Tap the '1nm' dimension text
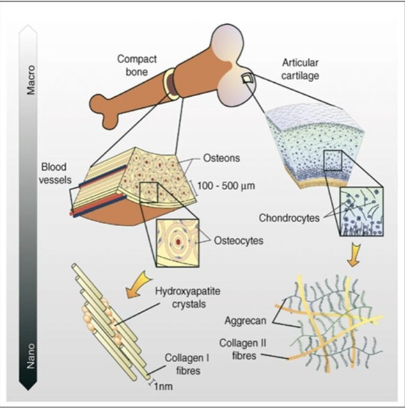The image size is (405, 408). [164, 385]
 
